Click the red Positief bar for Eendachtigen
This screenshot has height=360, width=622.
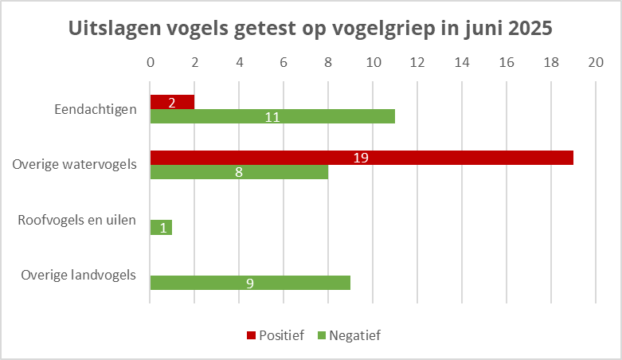(x=172, y=102)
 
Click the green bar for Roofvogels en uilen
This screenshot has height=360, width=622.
(x=161, y=227)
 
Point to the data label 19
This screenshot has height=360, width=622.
(x=361, y=158)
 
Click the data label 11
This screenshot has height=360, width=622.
(x=272, y=116)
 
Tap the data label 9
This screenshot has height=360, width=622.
(x=250, y=283)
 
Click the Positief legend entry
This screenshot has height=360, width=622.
(x=275, y=335)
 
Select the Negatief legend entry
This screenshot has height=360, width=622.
(x=350, y=335)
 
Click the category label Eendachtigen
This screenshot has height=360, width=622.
(x=96, y=109)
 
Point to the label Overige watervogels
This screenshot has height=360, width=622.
(x=75, y=165)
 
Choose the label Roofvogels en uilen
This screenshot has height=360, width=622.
(x=77, y=220)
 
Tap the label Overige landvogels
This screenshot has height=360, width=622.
(x=79, y=276)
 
